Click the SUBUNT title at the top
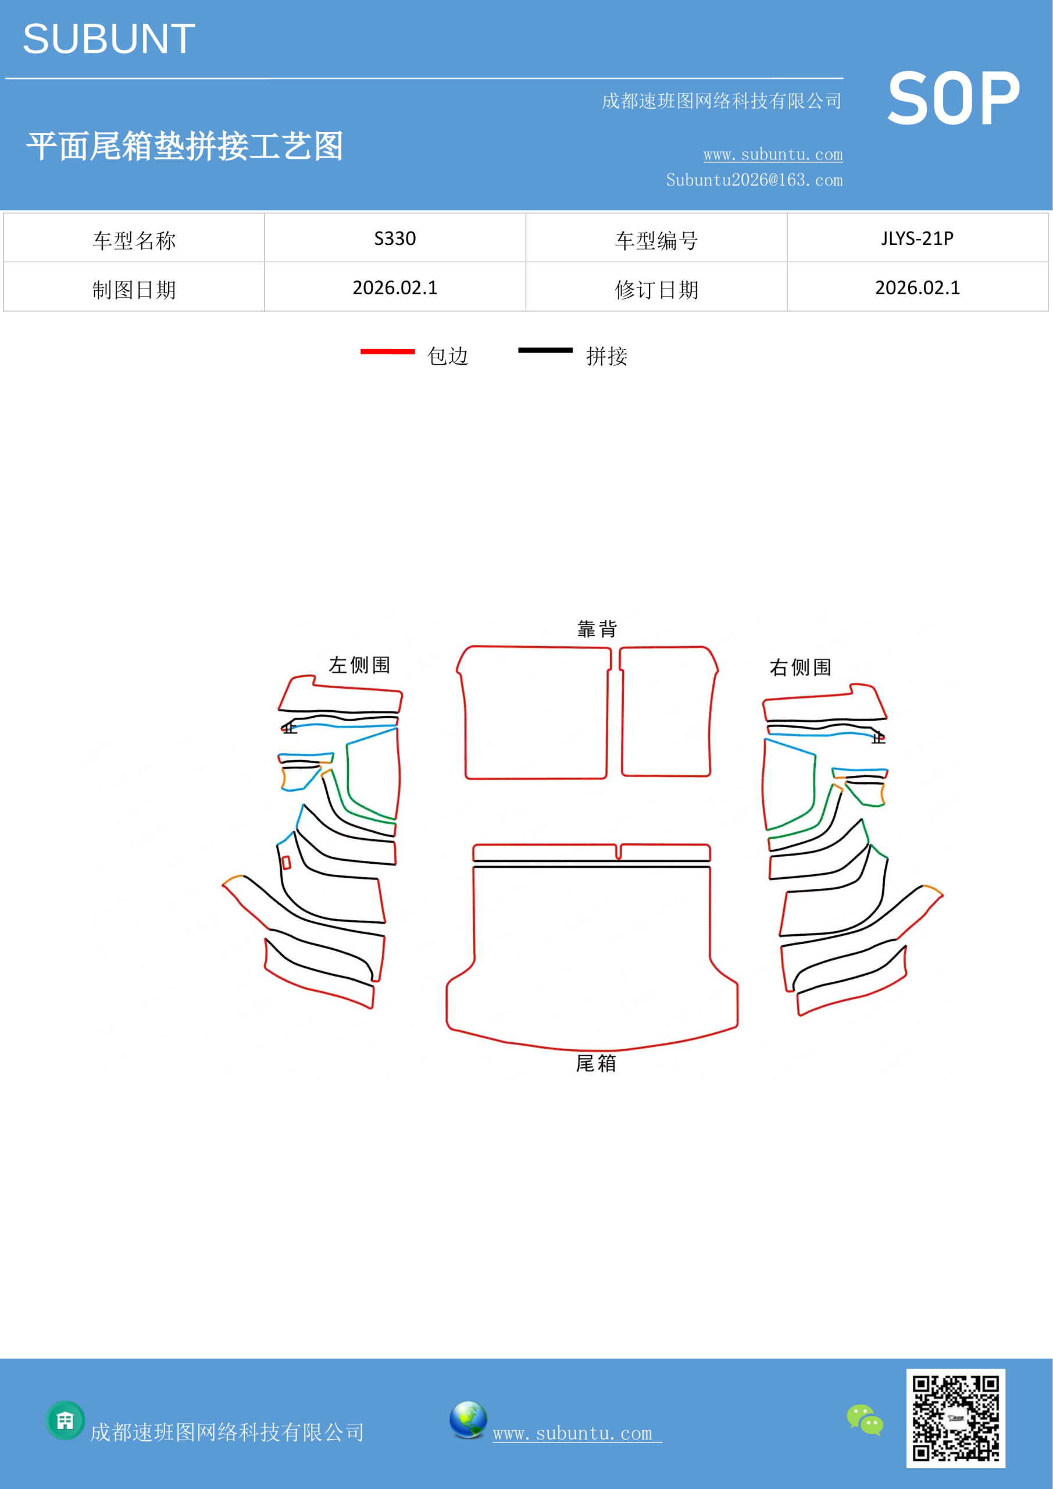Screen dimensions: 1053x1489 click(109, 39)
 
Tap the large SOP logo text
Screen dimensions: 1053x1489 click(953, 98)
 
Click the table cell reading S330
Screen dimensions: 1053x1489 click(395, 238)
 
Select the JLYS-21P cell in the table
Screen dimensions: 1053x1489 click(917, 238)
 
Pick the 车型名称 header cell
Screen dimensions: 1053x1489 click(134, 241)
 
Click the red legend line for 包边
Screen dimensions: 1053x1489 click(388, 351)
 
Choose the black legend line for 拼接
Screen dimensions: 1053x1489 click(545, 350)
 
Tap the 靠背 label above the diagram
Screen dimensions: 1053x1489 click(597, 628)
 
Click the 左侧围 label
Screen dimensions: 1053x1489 click(360, 665)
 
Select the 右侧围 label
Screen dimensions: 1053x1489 click(800, 667)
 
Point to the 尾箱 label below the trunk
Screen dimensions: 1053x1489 click(596, 1063)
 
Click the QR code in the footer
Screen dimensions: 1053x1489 click(956, 1418)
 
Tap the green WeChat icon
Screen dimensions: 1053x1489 click(865, 1420)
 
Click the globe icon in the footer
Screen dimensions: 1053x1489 click(468, 1420)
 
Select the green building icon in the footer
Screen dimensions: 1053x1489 click(66, 1420)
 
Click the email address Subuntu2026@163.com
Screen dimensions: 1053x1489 click(754, 180)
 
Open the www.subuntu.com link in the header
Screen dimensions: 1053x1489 click(773, 154)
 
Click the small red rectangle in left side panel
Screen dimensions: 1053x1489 click(286, 862)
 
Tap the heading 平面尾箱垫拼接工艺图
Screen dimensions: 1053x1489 click(185, 146)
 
